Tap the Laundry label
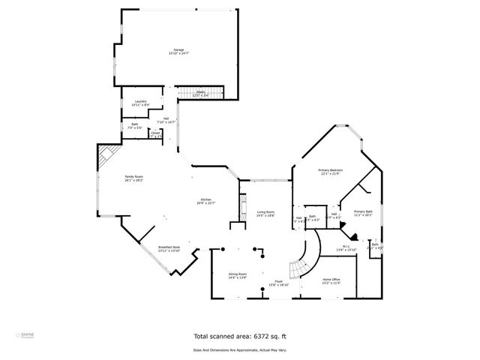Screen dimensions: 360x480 pos(140,101)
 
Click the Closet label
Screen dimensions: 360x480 pos(155,134)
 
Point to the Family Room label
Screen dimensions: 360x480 pos(133,176)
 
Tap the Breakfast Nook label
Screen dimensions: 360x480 pos(169,247)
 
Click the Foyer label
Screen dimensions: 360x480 pos(278,282)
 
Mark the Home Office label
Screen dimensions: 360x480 pos(331,280)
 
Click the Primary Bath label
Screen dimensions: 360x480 pos(363,211)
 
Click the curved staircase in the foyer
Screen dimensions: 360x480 pos(301,264)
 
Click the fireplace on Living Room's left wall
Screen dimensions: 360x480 pos(242,205)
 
